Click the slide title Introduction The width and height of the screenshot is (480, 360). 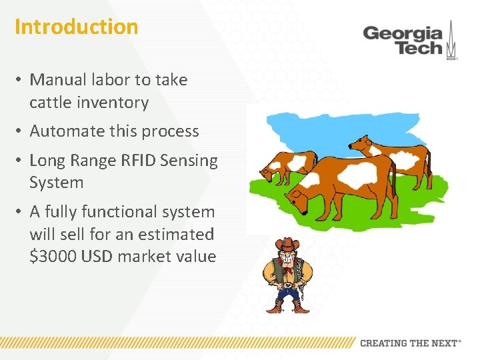pyautogui.click(x=76, y=27)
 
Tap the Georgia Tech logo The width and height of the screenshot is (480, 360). pyautogui.click(x=409, y=40)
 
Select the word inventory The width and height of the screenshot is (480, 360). pyautogui.click(x=115, y=103)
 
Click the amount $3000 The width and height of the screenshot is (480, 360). pyautogui.click(x=53, y=257)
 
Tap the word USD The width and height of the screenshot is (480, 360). pyautogui.click(x=99, y=257)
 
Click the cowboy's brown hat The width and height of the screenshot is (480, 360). pyautogui.click(x=287, y=244)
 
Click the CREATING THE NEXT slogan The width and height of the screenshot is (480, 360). pyautogui.click(x=409, y=343)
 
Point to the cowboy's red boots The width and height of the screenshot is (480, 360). pyautogui.click(x=287, y=307)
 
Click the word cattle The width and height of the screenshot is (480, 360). pyautogui.click(x=49, y=103)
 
